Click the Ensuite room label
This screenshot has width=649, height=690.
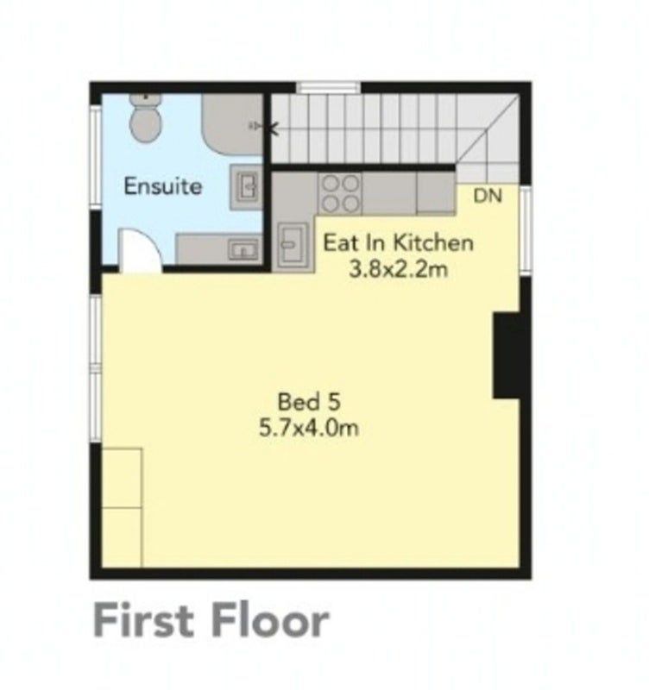point(163,186)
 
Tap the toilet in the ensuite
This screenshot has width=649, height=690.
point(145,118)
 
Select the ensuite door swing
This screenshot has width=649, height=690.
point(140,250)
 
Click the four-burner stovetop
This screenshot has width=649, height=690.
point(339,193)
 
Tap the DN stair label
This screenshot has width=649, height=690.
point(488,196)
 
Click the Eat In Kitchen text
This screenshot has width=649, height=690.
point(399,243)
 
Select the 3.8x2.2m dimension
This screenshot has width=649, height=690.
point(399,269)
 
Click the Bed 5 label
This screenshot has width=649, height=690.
point(309,402)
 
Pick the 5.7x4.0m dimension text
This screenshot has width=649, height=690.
point(309,428)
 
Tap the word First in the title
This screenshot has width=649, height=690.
point(144,621)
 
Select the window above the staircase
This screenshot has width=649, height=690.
point(328,87)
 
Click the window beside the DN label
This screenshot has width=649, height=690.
point(526,230)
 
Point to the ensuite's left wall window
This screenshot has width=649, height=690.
point(95,156)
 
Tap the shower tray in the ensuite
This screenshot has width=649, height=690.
point(233,124)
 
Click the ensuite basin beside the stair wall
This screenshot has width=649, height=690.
point(247,186)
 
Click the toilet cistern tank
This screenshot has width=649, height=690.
point(145,99)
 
